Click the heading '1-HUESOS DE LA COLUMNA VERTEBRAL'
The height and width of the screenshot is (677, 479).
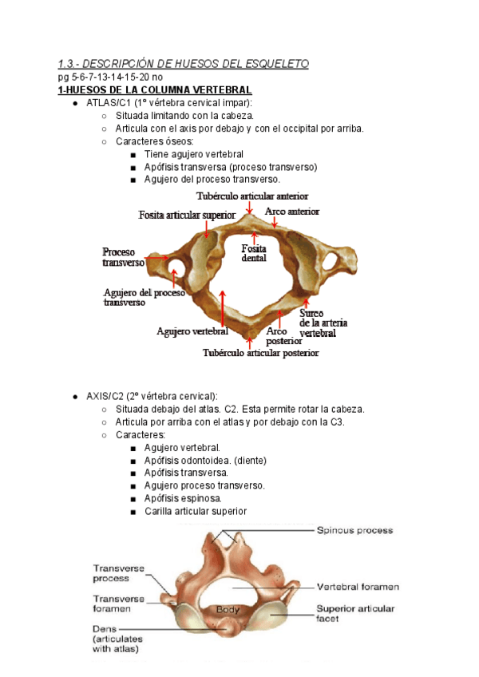click(x=155, y=90)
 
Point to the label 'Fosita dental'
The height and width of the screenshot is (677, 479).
click(x=254, y=253)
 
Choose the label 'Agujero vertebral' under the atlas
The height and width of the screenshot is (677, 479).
click(x=192, y=331)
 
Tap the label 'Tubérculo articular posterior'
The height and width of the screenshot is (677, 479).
click(x=260, y=352)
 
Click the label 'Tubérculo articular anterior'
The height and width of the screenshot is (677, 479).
click(x=252, y=196)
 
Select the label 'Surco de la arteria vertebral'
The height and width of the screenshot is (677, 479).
click(x=323, y=323)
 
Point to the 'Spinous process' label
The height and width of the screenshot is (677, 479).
click(x=354, y=530)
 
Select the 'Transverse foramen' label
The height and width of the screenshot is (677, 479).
click(x=119, y=604)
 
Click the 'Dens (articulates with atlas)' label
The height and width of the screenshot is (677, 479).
click(x=117, y=639)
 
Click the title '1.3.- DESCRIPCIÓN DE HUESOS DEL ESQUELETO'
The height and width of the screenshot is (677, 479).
click(x=183, y=64)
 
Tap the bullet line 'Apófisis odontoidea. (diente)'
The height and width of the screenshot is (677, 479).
click(x=205, y=460)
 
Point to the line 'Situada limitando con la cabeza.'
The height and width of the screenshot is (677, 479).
click(x=190, y=116)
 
